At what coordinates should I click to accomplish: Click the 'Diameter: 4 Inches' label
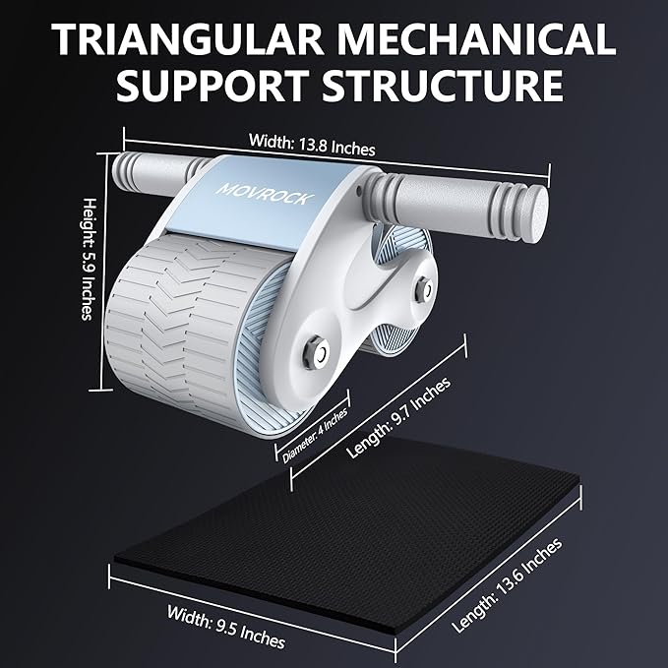[312, 430]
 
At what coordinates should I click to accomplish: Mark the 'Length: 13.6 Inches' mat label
[507, 585]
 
